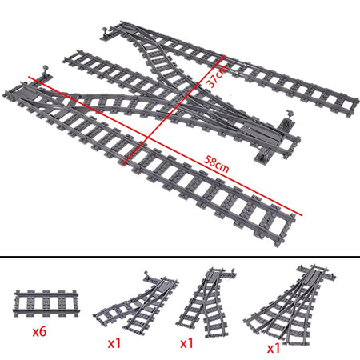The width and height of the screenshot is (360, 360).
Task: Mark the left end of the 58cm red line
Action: pyautogui.click(x=30, y=77)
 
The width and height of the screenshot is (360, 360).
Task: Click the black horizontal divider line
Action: pyautogui.click(x=180, y=257)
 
